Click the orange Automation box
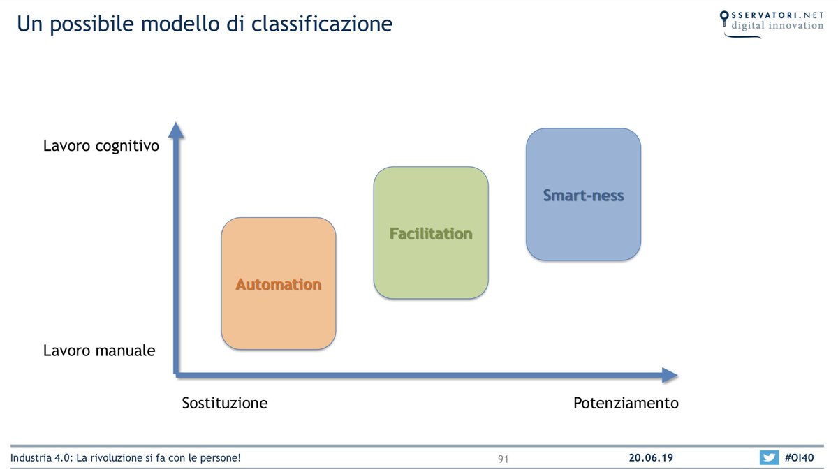279,283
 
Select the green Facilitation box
431,233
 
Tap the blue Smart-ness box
583,195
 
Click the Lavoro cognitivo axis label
101,146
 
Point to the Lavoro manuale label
99,351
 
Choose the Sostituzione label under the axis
225,403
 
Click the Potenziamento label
626,403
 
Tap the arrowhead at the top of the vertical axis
177,130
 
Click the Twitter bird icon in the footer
769,458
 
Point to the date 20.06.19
650,458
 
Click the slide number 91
503,459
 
